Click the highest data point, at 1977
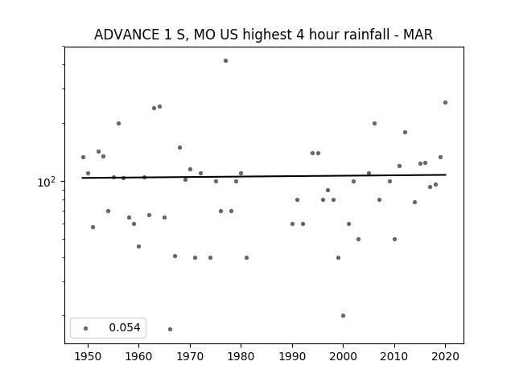pos(225,61)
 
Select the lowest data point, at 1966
pos(170,329)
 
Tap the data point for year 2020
pos(445,103)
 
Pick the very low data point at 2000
pos(344,316)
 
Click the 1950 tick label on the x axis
pos(88,357)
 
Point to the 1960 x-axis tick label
pos(138,357)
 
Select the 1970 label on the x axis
pos(190,357)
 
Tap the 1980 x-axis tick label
pos(241,357)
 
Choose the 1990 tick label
pos(292,357)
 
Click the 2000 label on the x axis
pos(344,357)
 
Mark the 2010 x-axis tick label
pos(394,357)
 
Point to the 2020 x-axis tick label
pos(445,357)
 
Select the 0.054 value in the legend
pos(125,327)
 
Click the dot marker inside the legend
pos(86,329)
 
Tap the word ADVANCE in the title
pos(126,35)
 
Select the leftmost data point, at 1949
pos(83,158)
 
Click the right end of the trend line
pos(446,175)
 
